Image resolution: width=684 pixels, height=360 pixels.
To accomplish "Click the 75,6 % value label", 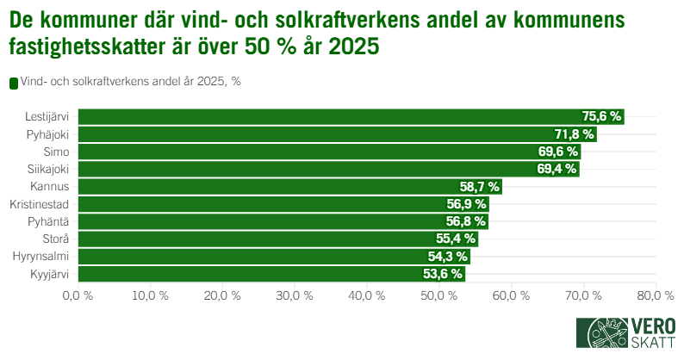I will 602,116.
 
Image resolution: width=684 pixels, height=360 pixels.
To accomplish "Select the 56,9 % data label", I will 467,204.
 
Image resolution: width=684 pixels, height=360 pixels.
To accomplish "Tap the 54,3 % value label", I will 448,257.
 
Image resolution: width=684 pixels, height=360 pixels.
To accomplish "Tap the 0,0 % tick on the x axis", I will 78,295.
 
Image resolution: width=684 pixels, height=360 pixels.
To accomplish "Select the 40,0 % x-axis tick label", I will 367,295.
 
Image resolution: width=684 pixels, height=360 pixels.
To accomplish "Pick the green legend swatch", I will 13,83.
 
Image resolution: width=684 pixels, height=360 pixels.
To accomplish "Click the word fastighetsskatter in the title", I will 83,48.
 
